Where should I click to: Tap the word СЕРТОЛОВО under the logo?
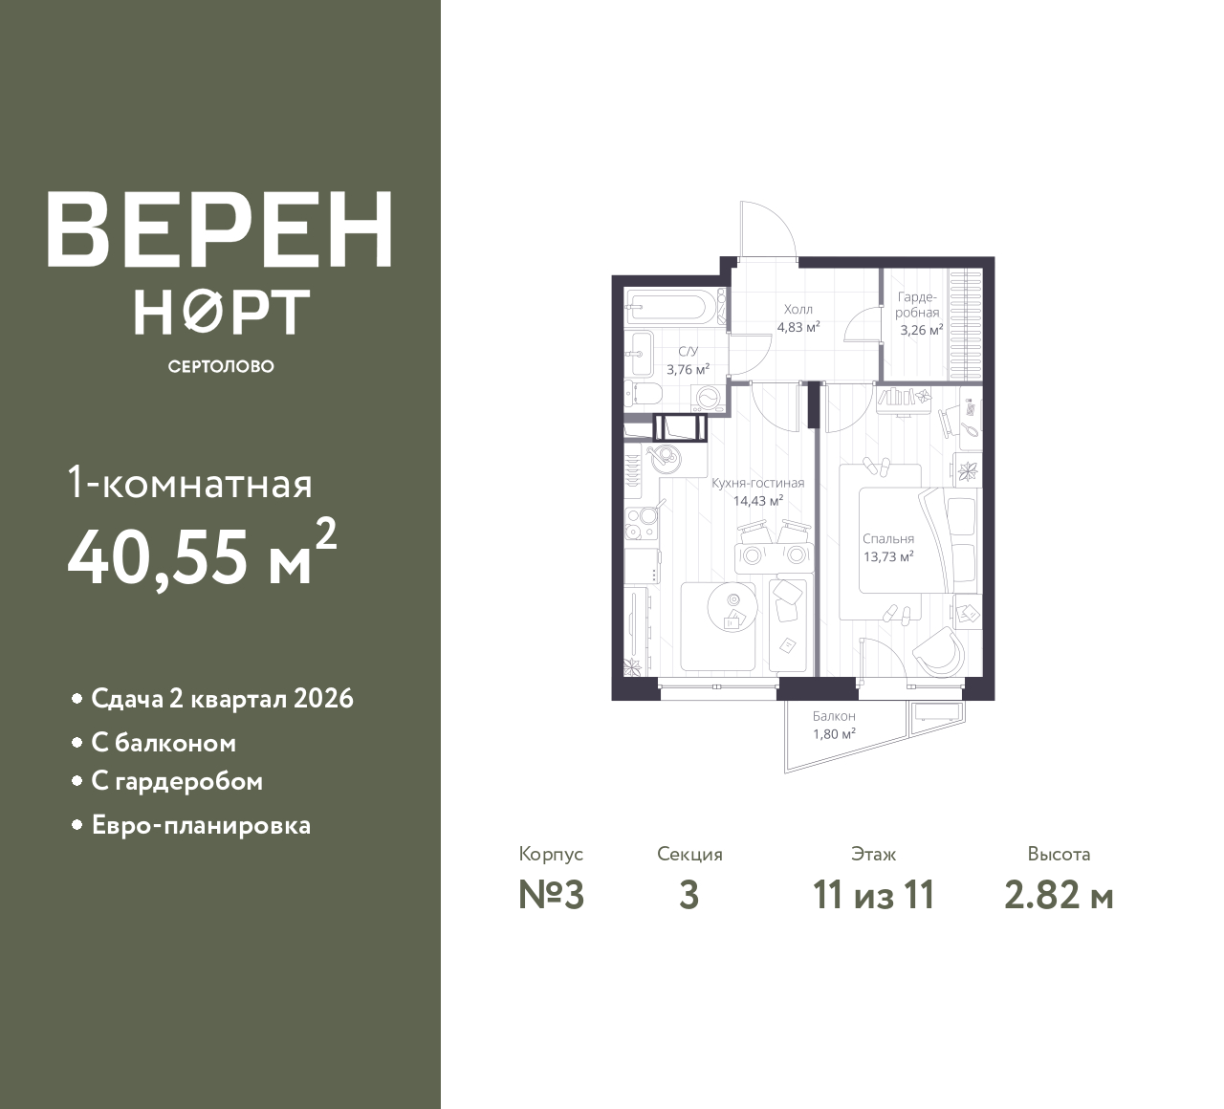coord(220,366)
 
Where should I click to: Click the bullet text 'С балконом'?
coord(164,743)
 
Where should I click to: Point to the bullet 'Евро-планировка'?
coord(201,825)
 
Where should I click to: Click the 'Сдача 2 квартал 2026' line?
coord(222,699)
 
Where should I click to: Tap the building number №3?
coord(551,896)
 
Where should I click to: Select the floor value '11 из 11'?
coord(873,896)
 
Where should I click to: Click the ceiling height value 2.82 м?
coord(1059,896)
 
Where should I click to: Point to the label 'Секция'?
coord(689,854)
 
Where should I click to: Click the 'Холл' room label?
coord(798,309)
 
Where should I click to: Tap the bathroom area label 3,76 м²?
coord(688,369)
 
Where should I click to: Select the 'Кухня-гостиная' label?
coord(757,483)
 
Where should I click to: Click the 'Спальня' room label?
coord(887,538)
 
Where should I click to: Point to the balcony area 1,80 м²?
coord(834,733)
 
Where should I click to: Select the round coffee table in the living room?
coord(732,604)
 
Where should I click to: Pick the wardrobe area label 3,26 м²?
coord(921,331)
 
